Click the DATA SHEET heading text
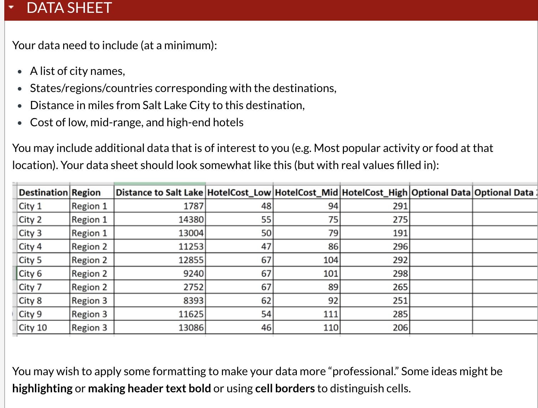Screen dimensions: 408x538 tap(69, 8)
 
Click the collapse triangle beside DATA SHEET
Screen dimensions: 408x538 tap(11, 7)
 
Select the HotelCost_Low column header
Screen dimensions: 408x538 tap(239, 193)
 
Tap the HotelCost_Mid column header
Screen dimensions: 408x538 tap(306, 193)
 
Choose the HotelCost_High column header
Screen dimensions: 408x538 tap(374, 193)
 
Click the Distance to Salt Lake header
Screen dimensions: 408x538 tap(159, 193)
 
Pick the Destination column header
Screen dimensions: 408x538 tap(43, 193)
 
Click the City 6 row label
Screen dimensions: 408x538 tap(30, 274)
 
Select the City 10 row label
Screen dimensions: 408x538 tap(33, 327)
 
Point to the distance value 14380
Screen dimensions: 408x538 tap(191, 220)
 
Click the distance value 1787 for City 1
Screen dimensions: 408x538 tap(193, 206)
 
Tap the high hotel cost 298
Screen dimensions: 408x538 tap(400, 274)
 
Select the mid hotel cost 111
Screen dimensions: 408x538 tap(331, 314)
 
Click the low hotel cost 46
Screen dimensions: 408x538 tap(266, 327)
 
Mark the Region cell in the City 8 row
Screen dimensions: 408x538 tap(89, 301)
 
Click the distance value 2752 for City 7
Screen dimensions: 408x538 tap(193, 287)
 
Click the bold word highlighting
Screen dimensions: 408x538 tap(42, 388)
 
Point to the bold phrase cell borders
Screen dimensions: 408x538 tap(285, 388)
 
